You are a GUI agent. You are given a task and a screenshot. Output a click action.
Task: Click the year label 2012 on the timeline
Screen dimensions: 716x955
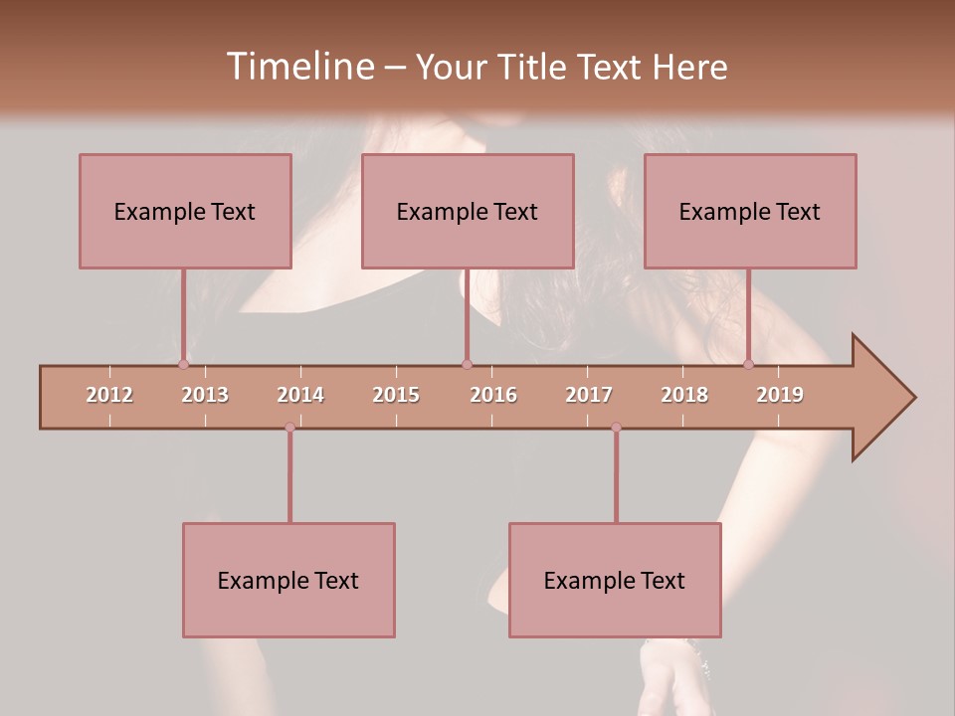[109, 395]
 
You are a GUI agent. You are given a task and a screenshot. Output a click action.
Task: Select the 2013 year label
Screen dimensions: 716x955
[205, 395]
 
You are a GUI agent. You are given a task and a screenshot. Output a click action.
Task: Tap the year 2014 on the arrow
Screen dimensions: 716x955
[300, 395]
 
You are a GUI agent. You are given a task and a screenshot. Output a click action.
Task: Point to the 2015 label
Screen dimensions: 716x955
[396, 395]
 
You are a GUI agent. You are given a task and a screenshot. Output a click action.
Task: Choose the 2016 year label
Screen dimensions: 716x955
[493, 395]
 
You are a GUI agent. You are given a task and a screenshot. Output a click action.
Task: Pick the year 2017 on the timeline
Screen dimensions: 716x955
[589, 395]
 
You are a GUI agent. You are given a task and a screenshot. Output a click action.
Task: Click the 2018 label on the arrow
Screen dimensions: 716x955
[684, 395]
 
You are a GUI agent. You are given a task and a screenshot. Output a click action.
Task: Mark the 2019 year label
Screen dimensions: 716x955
[780, 395]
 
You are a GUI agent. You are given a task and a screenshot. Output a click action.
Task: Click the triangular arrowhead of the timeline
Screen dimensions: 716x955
[881, 398]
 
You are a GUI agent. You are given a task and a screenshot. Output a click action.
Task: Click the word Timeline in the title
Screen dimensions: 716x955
[298, 67]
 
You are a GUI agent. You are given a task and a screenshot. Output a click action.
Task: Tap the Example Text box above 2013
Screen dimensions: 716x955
[185, 211]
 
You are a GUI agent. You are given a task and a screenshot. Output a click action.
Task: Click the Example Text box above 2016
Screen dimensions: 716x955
[468, 211]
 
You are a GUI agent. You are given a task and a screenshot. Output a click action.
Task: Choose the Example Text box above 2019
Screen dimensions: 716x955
[750, 211]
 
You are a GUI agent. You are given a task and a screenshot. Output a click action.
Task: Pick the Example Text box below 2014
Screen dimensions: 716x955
[288, 580]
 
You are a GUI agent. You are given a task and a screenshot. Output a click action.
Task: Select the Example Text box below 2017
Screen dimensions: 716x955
[615, 580]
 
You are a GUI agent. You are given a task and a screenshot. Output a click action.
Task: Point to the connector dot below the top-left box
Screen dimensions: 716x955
[183, 364]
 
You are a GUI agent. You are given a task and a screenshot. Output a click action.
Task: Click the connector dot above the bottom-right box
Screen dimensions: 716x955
[616, 428]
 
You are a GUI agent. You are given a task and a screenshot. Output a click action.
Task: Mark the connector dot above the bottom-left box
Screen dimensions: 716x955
[289, 428]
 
